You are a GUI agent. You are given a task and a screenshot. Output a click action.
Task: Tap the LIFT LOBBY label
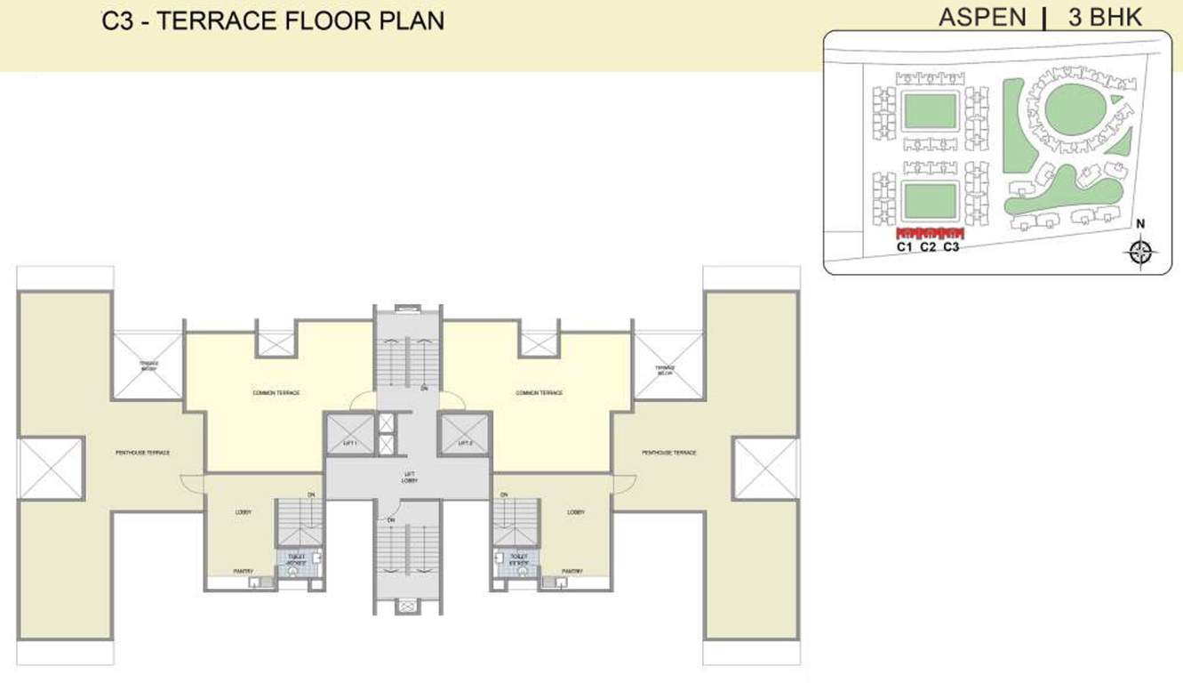[x=408, y=478]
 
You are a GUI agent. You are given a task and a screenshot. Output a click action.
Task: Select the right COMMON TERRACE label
[x=540, y=392]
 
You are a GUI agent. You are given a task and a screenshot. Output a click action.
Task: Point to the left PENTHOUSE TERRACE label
[x=142, y=453]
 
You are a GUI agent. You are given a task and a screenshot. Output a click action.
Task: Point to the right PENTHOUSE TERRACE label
[x=669, y=453]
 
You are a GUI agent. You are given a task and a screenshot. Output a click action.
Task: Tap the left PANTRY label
[x=244, y=571]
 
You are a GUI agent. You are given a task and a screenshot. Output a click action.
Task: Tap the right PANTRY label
[x=572, y=571]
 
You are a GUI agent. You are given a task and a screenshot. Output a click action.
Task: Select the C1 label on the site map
[x=905, y=246]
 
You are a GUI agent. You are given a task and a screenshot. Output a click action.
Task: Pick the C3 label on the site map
[x=951, y=246]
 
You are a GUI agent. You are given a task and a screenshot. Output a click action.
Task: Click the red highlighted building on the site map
[x=929, y=233]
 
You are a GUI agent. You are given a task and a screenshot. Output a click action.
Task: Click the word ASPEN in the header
[x=982, y=17]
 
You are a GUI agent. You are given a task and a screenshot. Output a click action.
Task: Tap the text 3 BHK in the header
[x=1105, y=17]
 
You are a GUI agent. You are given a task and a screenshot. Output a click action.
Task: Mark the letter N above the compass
[x=1141, y=223]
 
